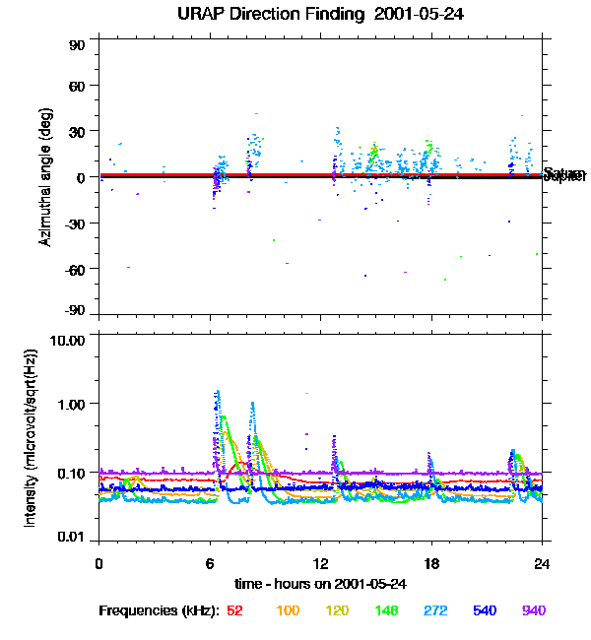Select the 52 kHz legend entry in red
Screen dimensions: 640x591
coord(234,610)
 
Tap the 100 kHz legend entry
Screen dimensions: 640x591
coord(288,610)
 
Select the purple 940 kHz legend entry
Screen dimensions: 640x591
coord(533,610)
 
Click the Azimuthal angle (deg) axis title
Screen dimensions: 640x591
coord(45,177)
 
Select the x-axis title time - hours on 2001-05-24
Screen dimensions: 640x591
coord(321,584)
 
